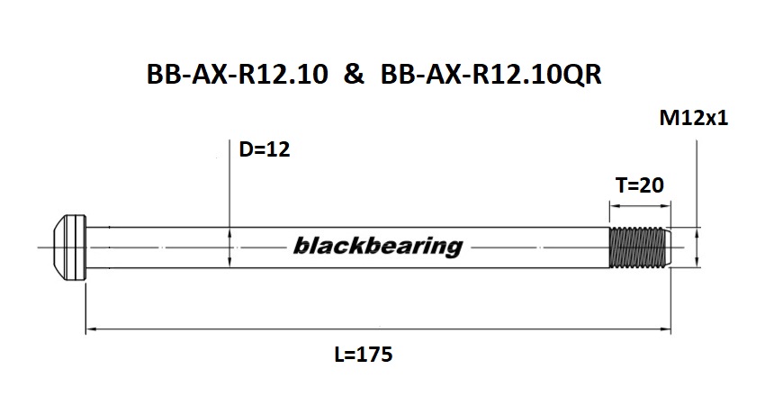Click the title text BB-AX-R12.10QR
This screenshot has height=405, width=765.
point(490,76)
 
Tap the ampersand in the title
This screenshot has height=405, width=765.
point(354,76)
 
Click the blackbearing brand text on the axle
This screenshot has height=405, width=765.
point(378,246)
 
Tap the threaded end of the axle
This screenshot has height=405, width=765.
point(638,246)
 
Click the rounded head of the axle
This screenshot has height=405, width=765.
point(68,246)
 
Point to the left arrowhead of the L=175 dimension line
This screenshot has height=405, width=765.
point(90,330)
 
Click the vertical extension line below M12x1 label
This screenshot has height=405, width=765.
point(695,180)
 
